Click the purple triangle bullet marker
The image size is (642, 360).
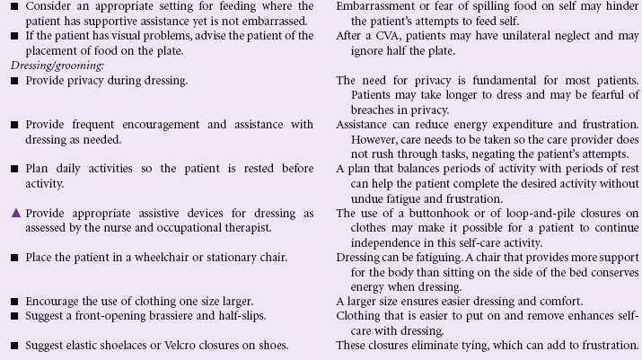[x=14, y=213]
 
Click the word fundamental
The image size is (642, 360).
[x=513, y=80]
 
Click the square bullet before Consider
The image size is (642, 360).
[x=14, y=6]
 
